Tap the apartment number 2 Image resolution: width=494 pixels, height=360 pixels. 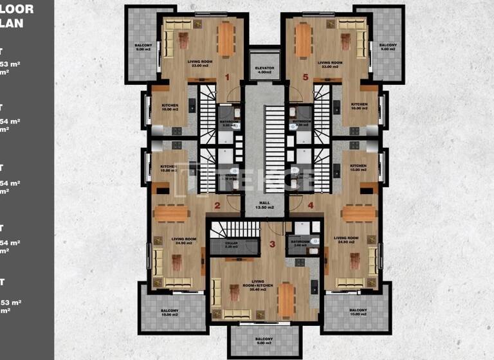tap(217, 206)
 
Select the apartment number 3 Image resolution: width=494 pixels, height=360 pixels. tap(272, 244)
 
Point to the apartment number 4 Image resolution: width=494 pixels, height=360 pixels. tap(311, 206)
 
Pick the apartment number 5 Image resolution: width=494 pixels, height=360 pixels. tap(306, 77)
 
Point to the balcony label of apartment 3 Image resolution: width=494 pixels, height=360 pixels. tap(264, 341)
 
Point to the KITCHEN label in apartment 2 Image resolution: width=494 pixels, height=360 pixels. tap(168, 168)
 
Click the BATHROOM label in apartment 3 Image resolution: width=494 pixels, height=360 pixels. tap(297, 244)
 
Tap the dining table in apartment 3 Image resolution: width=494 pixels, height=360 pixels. tap(286, 300)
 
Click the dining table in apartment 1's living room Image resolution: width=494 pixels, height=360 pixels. tap(226, 39)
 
